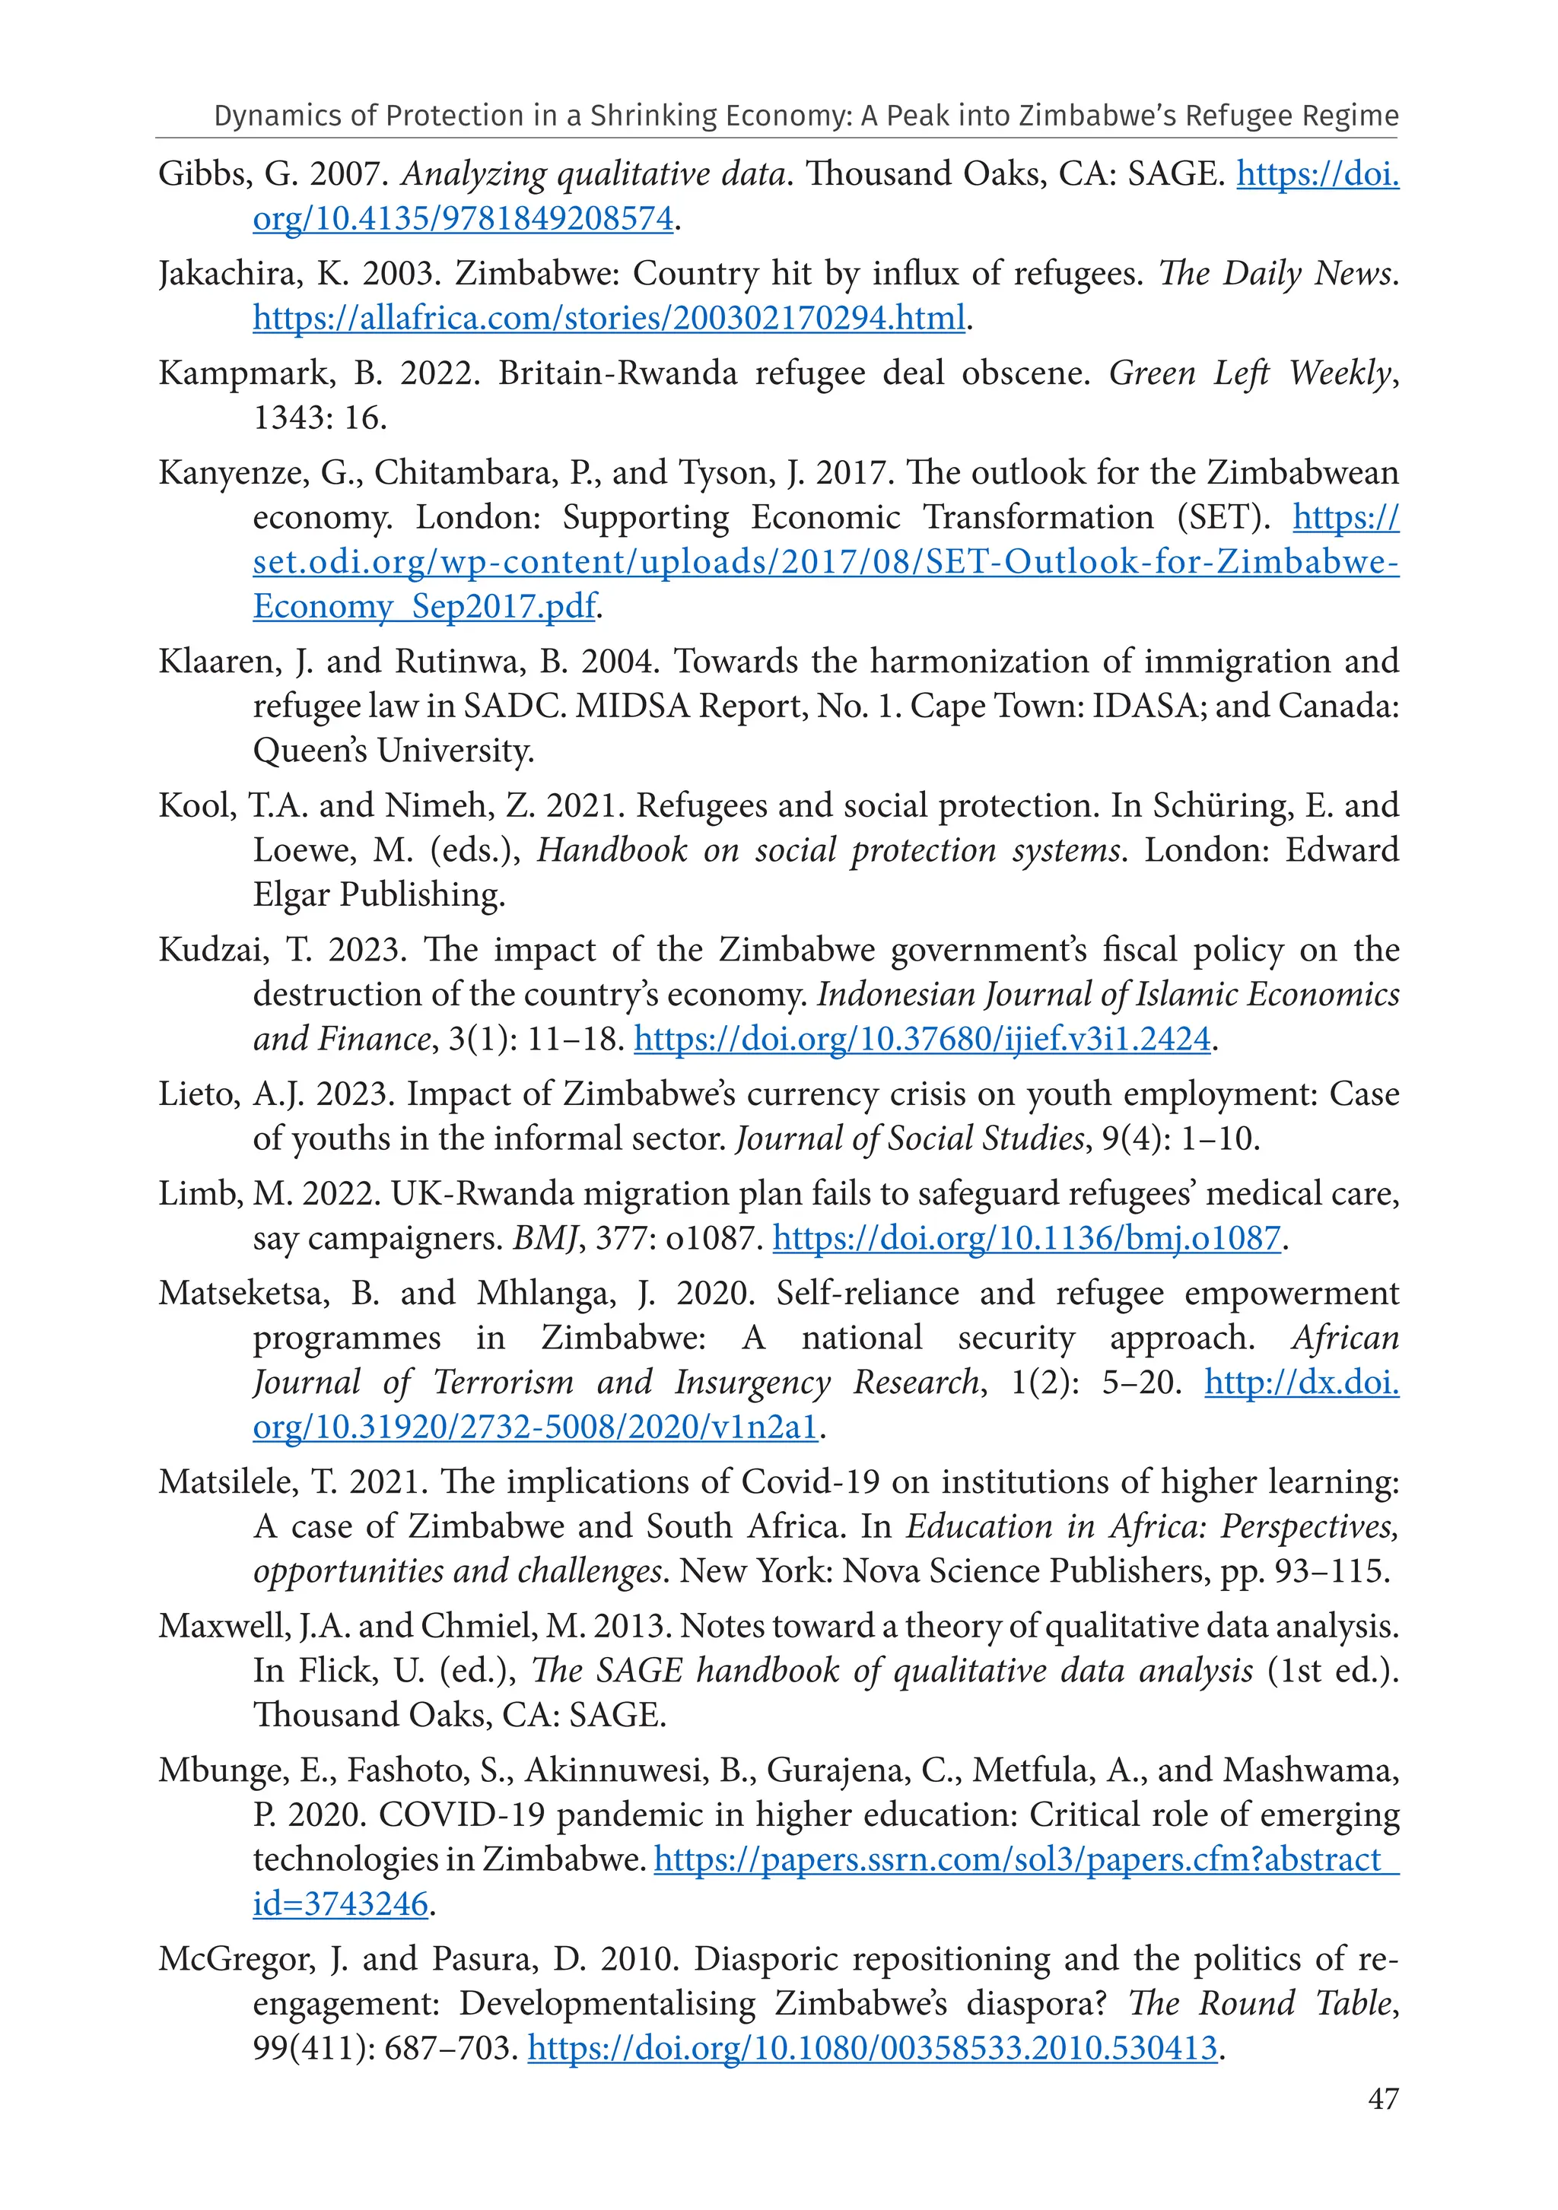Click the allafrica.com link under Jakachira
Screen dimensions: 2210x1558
point(609,318)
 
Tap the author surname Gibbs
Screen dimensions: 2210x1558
point(193,174)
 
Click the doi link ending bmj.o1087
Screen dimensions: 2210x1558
point(1026,1238)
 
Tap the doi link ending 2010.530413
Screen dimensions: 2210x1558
point(873,2048)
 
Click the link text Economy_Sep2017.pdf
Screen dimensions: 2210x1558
point(424,606)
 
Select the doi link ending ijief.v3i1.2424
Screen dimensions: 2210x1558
point(921,1040)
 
